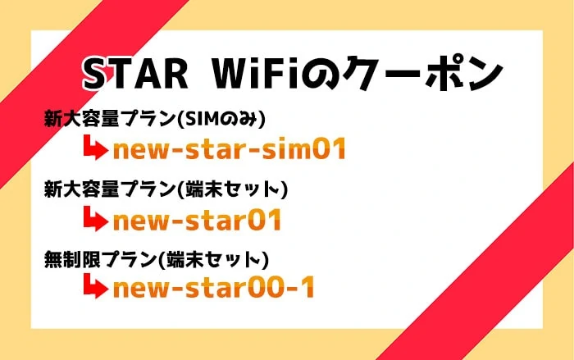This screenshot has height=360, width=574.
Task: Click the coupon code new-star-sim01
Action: click(x=230, y=148)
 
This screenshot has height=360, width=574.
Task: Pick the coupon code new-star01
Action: click(x=197, y=220)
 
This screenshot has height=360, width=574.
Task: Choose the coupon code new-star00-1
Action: click(x=214, y=287)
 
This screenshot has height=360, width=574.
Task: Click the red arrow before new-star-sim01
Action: click(x=96, y=148)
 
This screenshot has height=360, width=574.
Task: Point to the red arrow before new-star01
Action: click(x=96, y=219)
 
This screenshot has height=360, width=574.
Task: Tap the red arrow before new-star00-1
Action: click(x=96, y=286)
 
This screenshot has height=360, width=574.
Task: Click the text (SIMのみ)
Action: click(x=221, y=120)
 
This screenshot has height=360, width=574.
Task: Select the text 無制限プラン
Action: click(x=100, y=260)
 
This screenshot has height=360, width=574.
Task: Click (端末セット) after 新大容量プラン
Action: click(x=232, y=189)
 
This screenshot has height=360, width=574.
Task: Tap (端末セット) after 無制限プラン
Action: click(x=213, y=260)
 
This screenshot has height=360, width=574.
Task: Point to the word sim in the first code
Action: click(x=286, y=148)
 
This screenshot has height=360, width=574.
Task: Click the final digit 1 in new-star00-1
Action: click(x=307, y=287)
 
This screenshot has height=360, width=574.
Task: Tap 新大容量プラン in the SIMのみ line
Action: click(x=109, y=120)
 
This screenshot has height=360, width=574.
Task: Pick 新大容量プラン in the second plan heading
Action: click(x=109, y=189)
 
